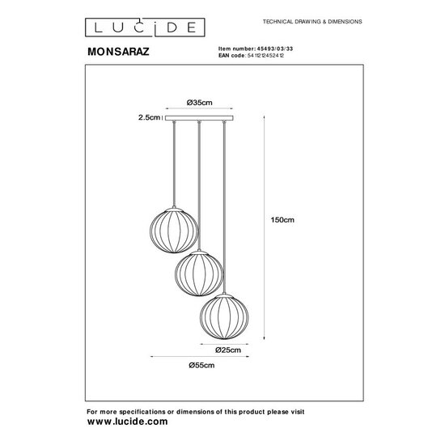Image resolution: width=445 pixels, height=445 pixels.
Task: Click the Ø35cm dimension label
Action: [198, 103]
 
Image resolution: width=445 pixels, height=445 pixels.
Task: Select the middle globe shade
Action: [198, 273]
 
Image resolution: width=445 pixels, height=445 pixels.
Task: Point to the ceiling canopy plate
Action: [198, 118]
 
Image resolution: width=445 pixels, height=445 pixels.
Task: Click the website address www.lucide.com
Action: [127, 422]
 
